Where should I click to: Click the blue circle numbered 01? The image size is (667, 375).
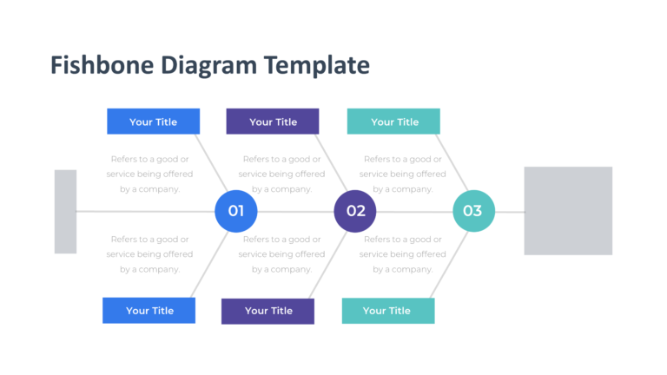pos(235,211)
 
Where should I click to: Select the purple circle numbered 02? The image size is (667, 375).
pos(355,211)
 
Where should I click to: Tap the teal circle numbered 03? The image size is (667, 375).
pos(473,211)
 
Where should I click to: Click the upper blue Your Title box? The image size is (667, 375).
pos(153,122)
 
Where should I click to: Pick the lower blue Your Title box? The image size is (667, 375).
pos(149,311)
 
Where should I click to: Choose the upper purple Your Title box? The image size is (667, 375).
pos(273,122)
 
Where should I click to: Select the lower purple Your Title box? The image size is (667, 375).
pos(268,311)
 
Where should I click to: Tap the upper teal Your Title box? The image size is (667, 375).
pos(393,122)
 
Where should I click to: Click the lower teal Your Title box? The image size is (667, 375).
pos(387,311)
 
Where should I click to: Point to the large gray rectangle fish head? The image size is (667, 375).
pos(568,211)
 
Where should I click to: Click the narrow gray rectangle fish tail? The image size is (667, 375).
pos(65,212)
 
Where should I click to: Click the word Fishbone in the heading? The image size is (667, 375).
pos(90,65)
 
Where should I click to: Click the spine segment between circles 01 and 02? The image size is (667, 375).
pos(295,211)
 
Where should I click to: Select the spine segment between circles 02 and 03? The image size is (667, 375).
pos(414,211)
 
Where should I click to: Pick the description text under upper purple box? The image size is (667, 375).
pos(281,174)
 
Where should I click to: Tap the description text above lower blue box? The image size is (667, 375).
pos(149,254)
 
